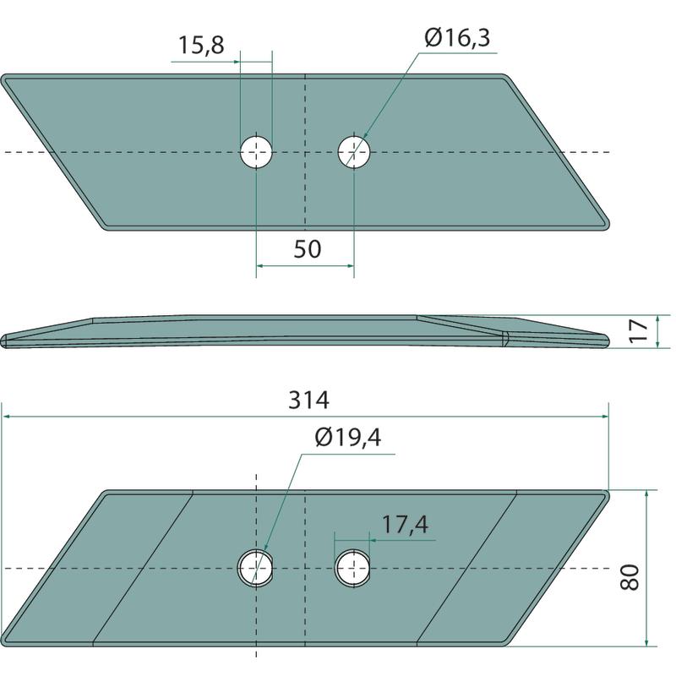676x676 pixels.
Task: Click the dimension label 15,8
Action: [x=201, y=45]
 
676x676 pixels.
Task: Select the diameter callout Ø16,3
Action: [x=457, y=37]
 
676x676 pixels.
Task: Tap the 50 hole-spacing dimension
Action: [x=308, y=249]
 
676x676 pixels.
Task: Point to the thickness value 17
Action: [x=639, y=330]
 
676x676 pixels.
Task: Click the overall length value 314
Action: [x=308, y=400]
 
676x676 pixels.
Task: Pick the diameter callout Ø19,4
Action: [x=348, y=438]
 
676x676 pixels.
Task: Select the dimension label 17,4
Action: [x=406, y=525]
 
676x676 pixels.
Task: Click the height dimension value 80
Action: [x=630, y=577]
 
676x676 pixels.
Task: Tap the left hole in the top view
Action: [x=256, y=152]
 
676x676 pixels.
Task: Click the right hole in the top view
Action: [x=353, y=152]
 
